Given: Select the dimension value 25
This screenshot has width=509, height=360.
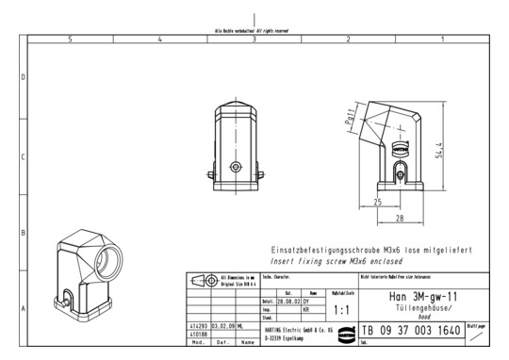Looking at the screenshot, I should [376, 202].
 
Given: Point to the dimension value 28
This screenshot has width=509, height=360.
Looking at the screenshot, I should [399, 218].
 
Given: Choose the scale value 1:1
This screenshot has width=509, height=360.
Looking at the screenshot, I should [343, 307].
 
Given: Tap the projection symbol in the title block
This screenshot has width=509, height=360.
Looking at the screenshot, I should [200, 281].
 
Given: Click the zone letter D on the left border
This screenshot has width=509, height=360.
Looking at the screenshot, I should [23, 76].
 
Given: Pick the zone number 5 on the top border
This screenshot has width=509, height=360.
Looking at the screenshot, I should [71, 40].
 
